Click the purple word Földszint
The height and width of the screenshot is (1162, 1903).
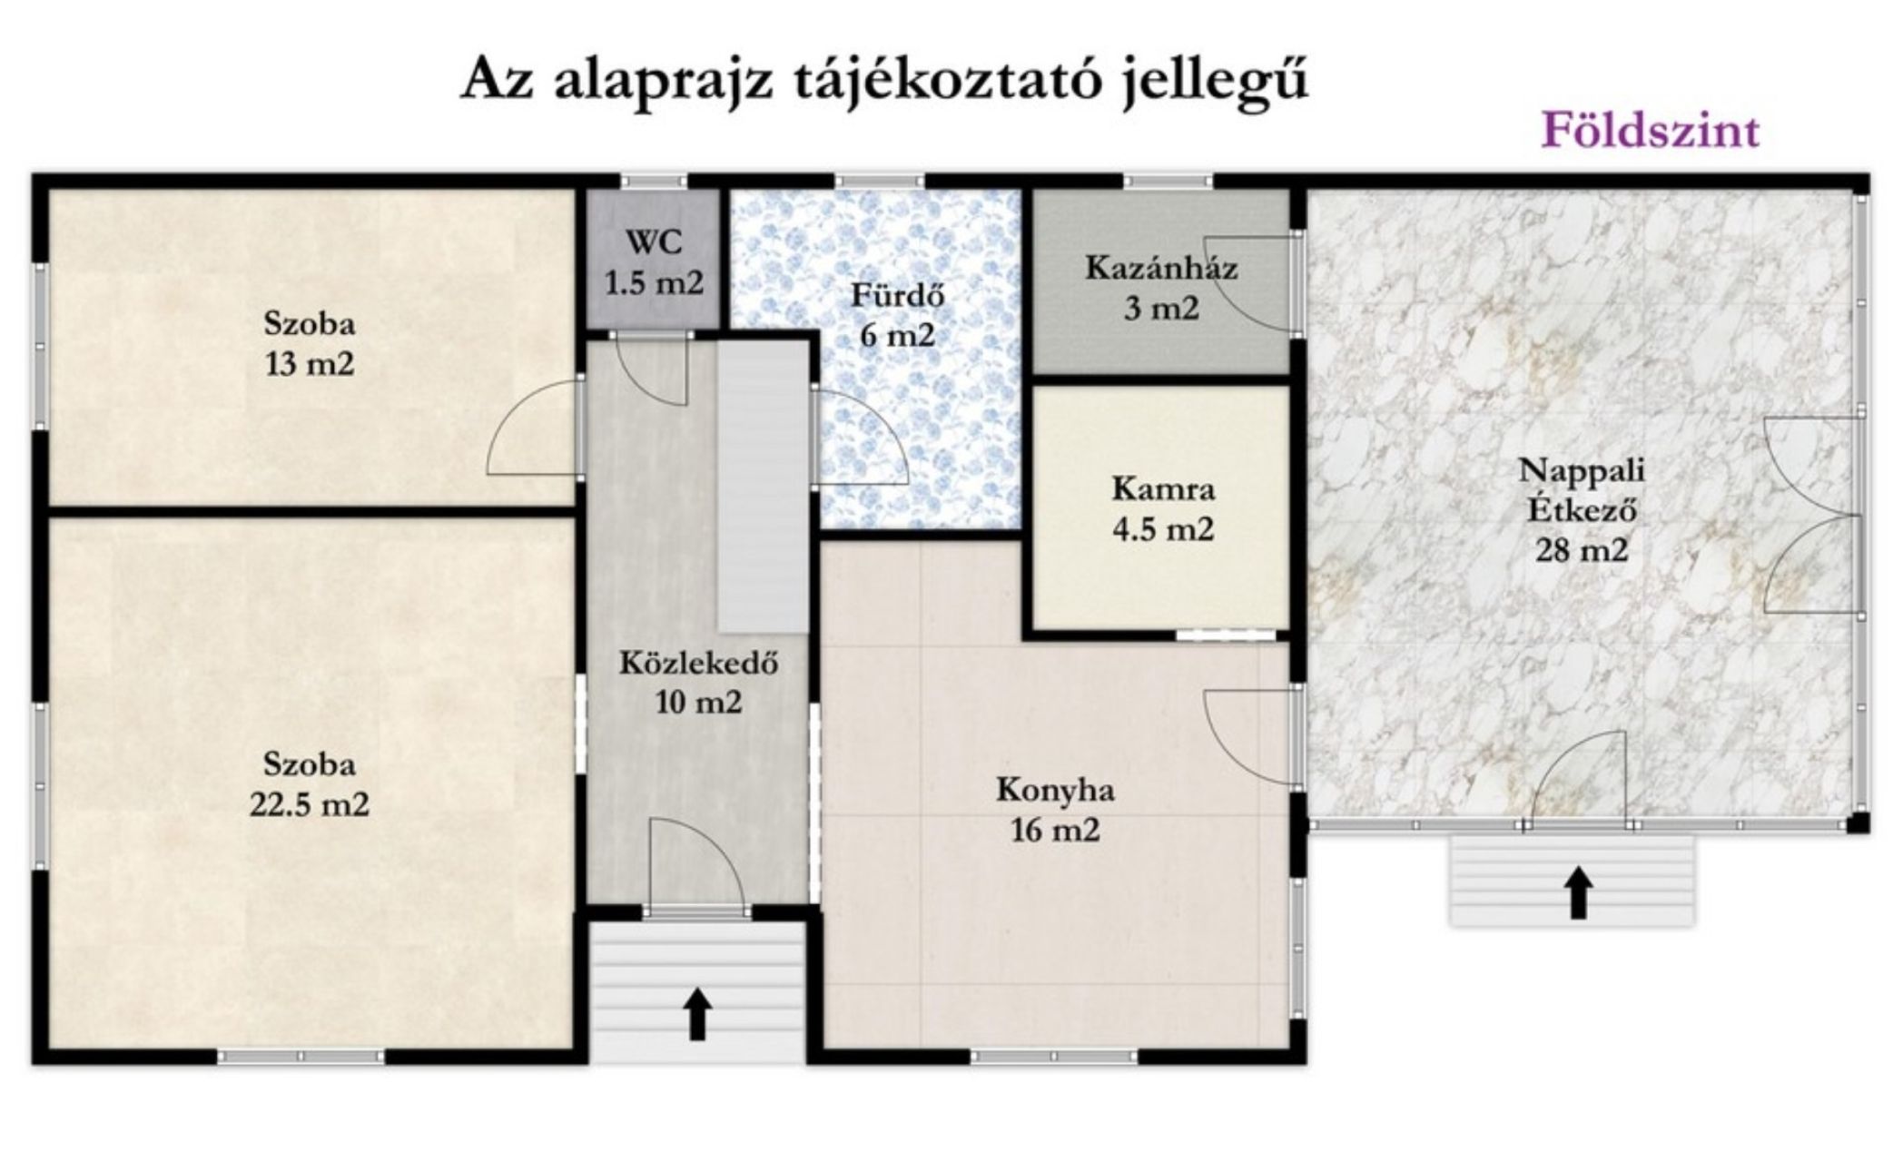click(x=1651, y=131)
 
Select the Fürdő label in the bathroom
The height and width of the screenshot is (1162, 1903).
click(x=897, y=295)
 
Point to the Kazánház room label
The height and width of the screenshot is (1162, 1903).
click(x=1161, y=269)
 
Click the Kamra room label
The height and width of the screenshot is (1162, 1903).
click(x=1163, y=489)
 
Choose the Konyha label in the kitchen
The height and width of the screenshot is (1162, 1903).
click(x=1055, y=790)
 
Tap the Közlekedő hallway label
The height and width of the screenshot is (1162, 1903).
click(x=698, y=663)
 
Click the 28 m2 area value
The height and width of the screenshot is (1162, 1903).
click(x=1582, y=550)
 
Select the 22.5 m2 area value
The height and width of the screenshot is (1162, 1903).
click(x=309, y=804)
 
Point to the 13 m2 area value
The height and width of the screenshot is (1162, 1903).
click(x=309, y=364)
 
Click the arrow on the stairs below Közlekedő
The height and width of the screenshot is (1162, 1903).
click(x=697, y=1014)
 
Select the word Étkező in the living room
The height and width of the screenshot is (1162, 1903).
click(x=1582, y=510)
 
